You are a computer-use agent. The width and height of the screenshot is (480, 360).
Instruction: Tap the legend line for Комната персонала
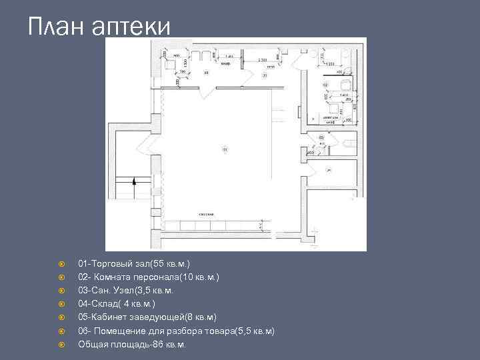(148, 277)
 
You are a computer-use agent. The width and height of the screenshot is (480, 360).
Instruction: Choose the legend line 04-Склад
(116, 304)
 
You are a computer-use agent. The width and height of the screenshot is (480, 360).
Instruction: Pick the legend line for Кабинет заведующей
(147, 317)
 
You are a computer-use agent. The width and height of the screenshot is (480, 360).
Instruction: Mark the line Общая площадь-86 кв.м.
(132, 344)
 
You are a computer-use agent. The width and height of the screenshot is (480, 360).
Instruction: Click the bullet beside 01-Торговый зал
(61, 264)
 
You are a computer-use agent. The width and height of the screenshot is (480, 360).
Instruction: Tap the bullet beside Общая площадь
(61, 344)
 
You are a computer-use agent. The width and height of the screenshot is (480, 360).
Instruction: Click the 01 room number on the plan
(225, 149)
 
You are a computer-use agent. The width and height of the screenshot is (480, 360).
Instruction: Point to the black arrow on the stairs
(134, 181)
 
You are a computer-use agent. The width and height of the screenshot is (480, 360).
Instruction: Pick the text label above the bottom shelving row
(205, 214)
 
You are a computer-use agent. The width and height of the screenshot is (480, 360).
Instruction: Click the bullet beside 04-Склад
(61, 304)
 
